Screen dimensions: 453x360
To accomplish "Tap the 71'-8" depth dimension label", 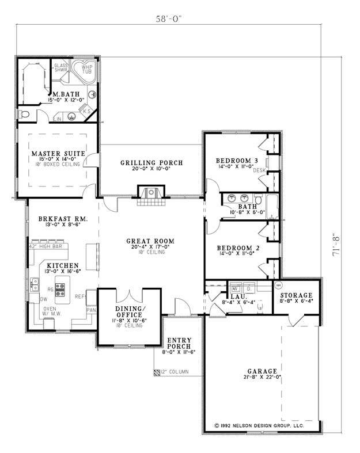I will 336,244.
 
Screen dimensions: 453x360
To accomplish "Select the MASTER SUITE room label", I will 55,154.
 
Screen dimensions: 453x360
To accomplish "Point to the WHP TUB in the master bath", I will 86,69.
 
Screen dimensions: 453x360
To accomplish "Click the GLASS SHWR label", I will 62,68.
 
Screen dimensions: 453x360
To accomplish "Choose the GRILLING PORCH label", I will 151,163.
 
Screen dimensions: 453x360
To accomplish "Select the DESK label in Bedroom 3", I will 259,171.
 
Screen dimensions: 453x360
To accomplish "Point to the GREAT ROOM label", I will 151,241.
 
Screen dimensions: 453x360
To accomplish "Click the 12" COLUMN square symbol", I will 157,372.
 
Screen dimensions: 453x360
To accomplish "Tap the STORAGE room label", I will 297,295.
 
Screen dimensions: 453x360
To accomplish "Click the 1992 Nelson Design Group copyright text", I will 258,425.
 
